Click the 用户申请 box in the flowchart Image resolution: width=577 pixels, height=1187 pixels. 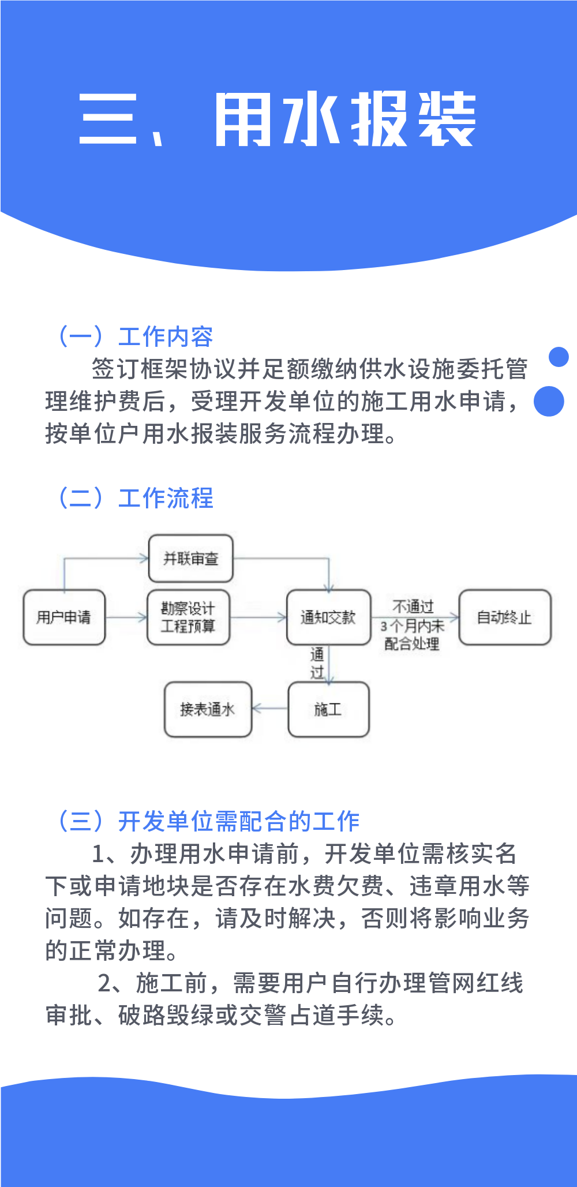(x=64, y=617)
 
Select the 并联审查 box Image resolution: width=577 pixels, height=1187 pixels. (x=191, y=559)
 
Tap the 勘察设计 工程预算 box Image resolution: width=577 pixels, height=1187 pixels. (x=188, y=617)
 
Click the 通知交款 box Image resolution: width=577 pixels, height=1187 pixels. (x=328, y=617)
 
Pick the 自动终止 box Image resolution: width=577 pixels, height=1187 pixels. (x=504, y=617)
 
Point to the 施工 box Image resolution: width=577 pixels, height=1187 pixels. (x=328, y=709)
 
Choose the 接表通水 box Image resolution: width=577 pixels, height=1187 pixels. (x=208, y=709)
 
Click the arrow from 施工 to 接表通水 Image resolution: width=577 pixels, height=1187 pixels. (x=270, y=709)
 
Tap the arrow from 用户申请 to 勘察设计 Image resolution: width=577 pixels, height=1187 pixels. (x=126, y=617)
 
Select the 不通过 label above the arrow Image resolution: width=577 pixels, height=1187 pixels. (x=413, y=606)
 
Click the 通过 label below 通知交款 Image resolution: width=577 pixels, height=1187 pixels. (x=317, y=664)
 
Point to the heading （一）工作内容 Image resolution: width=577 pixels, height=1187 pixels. (x=135, y=336)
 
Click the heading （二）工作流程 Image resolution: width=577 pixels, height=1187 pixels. (x=135, y=498)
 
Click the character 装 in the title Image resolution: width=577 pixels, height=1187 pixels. (x=447, y=119)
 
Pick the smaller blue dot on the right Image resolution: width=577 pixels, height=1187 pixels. (x=559, y=357)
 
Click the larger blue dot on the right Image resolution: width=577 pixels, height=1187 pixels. (x=549, y=401)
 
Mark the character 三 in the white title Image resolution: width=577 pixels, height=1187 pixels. (x=108, y=119)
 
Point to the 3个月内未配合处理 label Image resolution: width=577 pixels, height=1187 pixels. (x=412, y=635)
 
